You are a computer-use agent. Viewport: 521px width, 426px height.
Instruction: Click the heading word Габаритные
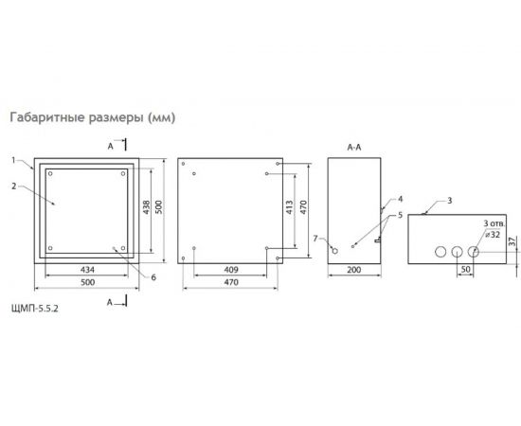45,118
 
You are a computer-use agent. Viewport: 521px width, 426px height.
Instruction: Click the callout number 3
450,202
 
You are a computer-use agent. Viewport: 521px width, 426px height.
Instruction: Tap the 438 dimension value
145,208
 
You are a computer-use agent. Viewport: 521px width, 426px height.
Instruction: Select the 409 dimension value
231,269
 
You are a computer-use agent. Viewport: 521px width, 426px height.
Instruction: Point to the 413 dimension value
288,208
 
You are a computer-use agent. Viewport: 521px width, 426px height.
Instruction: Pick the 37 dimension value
512,243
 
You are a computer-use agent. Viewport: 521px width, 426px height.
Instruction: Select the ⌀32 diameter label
491,234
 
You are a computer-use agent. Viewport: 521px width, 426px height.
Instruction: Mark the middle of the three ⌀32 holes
456,253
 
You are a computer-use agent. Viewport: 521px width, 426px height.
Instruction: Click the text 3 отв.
493,222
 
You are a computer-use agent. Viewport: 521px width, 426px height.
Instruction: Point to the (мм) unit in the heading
161,118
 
